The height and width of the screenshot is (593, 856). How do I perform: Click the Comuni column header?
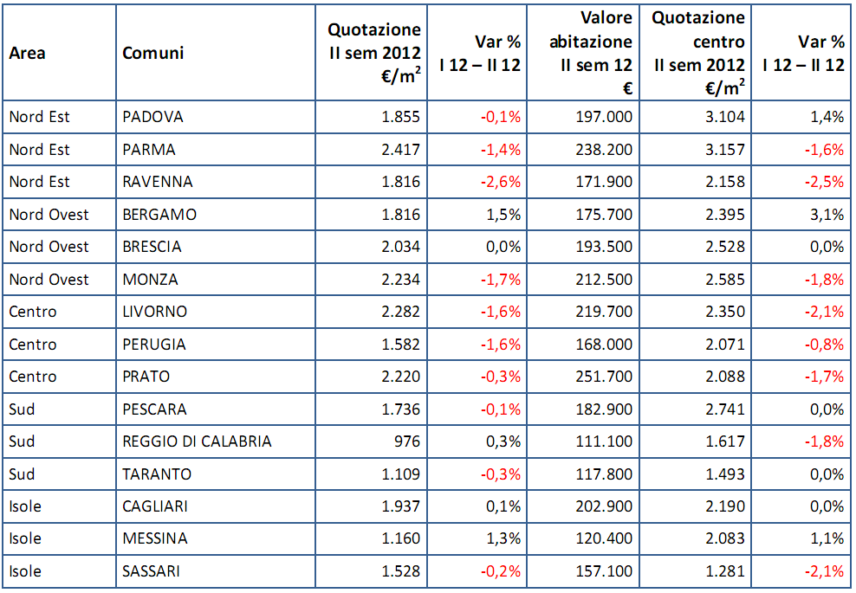click(153, 54)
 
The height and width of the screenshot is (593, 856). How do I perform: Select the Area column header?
click(28, 54)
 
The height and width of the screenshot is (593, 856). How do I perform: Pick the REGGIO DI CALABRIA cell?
click(198, 442)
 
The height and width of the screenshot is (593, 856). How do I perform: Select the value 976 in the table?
click(405, 442)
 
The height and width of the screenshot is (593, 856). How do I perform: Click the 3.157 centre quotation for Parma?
click(724, 150)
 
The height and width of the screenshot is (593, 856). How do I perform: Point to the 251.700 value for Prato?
click(605, 377)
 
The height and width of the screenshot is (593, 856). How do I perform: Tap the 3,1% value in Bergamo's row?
click(827, 215)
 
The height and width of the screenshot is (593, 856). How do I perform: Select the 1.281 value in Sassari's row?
click(724, 571)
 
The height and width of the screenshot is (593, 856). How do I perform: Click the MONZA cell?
click(151, 280)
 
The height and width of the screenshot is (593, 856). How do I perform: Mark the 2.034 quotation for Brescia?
click(400, 247)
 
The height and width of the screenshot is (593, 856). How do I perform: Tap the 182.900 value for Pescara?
click(605, 409)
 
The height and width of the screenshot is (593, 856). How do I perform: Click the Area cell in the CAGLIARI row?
click(25, 506)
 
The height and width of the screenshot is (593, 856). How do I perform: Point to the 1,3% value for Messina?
click(503, 538)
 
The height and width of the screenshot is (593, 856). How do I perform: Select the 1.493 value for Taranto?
click(724, 474)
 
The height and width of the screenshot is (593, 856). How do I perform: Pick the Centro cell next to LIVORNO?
click(33, 312)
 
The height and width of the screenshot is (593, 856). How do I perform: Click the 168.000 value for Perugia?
click(605, 345)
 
